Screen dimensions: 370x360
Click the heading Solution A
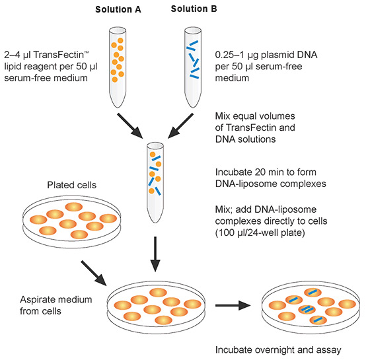118,9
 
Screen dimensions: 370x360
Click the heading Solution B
194,9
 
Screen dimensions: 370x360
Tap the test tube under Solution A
118,67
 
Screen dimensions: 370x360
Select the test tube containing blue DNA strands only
193,67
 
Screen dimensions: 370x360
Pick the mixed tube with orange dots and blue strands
155,182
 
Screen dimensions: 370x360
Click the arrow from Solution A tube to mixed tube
130,126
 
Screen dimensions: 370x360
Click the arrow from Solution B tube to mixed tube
180,126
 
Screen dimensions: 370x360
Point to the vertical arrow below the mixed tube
155,254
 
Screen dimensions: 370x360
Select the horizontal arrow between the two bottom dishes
233,305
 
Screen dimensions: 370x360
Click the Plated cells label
72,185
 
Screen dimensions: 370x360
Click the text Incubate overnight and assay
278,349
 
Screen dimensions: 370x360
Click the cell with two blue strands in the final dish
307,309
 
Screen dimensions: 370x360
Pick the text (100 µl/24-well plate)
260,233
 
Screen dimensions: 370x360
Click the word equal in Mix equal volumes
244,116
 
